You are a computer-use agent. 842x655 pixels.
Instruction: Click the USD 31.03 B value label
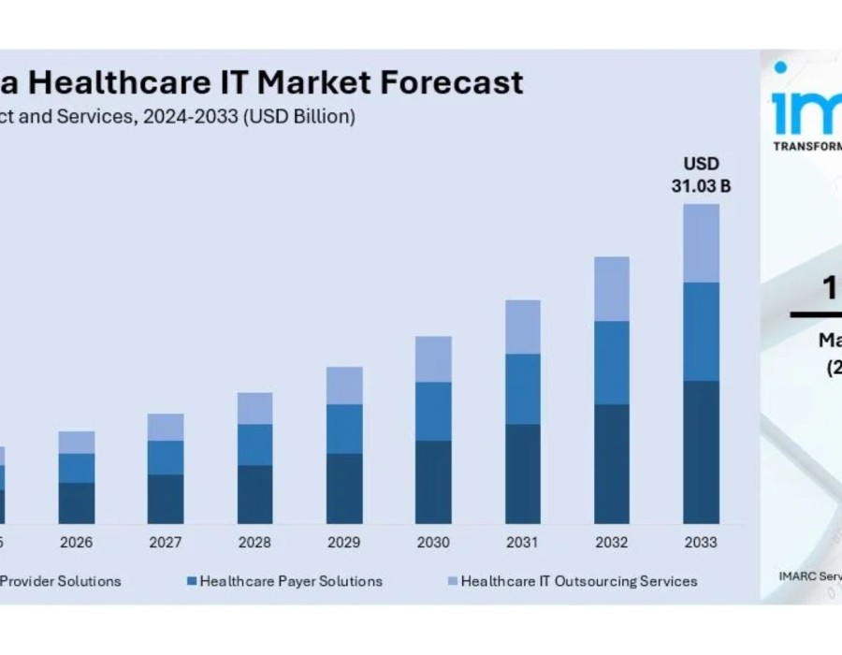701,175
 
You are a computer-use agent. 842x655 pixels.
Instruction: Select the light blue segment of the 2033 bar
701,243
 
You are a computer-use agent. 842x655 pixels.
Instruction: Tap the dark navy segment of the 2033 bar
701,452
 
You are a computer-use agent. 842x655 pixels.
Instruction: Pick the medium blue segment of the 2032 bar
612,363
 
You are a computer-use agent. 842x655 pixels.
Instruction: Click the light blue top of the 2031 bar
523,327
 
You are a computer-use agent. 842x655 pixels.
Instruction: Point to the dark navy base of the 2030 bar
433,482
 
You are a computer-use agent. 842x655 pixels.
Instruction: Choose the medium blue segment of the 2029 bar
344,429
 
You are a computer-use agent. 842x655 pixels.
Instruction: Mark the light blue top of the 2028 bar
254,408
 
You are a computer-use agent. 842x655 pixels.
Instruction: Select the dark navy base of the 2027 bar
166,499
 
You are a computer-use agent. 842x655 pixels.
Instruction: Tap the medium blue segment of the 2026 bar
77,468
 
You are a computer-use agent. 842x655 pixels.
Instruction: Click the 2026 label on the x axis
77,543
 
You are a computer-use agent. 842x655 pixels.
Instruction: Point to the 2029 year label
344,543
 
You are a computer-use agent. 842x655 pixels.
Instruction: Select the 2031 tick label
523,543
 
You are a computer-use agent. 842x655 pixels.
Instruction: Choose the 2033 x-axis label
701,543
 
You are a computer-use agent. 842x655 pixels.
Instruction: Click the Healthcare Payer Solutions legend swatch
192,581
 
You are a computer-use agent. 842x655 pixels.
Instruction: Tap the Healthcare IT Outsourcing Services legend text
579,581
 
